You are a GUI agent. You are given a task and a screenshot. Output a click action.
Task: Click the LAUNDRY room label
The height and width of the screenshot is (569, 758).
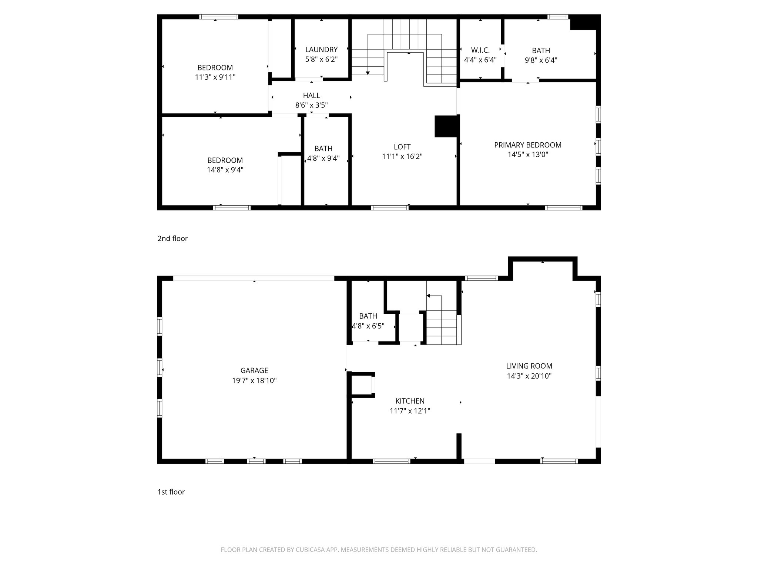tap(321, 50)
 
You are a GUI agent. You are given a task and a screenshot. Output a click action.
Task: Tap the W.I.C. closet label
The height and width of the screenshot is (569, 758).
tap(480, 50)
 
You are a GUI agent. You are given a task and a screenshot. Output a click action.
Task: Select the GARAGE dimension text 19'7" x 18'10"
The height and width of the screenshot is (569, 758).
tap(254, 380)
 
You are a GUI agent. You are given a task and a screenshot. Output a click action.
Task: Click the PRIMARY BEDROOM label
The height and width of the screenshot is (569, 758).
tap(528, 145)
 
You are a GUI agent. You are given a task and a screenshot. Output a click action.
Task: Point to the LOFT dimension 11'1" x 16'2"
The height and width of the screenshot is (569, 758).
tap(402, 157)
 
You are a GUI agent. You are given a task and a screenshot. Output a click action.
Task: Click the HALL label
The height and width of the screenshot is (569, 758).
tap(311, 96)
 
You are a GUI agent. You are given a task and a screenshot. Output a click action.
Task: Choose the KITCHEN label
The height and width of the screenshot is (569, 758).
tap(410, 401)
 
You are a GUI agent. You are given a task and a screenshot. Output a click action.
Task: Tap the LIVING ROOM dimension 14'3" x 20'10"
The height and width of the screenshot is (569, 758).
tap(529, 376)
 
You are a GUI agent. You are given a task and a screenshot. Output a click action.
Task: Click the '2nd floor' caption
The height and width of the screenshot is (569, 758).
tap(172, 239)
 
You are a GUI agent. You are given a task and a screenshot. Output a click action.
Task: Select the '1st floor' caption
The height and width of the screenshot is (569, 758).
tap(171, 492)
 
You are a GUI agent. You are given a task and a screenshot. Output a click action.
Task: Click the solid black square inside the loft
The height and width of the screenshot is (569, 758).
tap(446, 127)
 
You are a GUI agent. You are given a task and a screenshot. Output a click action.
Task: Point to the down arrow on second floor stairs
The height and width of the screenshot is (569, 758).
tap(368, 73)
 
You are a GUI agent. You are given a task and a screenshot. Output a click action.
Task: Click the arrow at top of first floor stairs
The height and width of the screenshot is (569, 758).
tap(428, 296)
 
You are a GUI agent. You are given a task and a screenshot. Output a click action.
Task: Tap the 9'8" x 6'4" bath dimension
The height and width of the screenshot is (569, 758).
tap(541, 60)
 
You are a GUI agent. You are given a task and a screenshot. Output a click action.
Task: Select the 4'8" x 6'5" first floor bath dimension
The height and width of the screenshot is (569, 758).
tap(368, 326)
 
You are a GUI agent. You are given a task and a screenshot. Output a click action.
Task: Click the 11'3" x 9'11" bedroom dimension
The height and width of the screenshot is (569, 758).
tap(215, 77)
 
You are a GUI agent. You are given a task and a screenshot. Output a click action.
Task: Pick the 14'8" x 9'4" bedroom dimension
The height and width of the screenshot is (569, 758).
tap(225, 170)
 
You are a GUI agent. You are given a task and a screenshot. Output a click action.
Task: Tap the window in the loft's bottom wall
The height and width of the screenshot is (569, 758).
tap(390, 207)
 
